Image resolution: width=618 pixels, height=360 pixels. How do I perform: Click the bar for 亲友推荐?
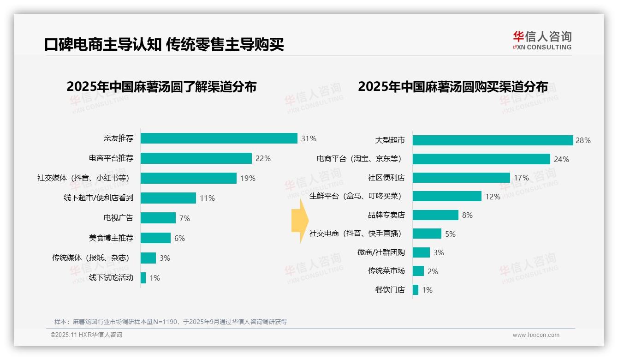pyautogui.click(x=219, y=138)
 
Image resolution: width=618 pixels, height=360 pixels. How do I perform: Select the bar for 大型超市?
pyautogui.click(x=493, y=140)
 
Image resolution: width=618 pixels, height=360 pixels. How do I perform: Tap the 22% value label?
pyautogui.click(x=263, y=158)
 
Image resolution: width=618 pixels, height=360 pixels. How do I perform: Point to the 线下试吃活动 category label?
pyautogui.click(x=111, y=277)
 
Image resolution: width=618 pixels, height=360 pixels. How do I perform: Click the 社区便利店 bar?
pyautogui.click(x=461, y=178)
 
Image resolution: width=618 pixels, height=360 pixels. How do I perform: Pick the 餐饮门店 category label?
pyautogui.click(x=390, y=290)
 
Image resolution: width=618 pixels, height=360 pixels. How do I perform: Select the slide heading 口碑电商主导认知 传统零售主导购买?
pyautogui.click(x=164, y=44)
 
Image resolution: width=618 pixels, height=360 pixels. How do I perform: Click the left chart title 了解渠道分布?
pyautogui.click(x=161, y=87)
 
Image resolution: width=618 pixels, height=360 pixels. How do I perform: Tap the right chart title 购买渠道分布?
pyautogui.click(x=453, y=87)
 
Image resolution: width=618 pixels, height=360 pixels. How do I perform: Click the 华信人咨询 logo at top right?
pyautogui.click(x=542, y=41)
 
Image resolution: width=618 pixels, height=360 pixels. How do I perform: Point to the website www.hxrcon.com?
pyautogui.click(x=536, y=335)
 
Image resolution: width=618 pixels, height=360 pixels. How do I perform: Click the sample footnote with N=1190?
pyautogui.click(x=171, y=322)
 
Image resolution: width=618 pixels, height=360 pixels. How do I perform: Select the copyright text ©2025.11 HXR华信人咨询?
pyautogui.click(x=86, y=335)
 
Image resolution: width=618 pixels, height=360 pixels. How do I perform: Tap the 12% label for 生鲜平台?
pyautogui.click(x=493, y=197)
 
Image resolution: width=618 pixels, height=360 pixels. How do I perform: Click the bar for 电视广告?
pyautogui.click(x=158, y=218)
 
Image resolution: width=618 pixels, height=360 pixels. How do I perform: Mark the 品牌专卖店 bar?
pyautogui.click(x=435, y=215)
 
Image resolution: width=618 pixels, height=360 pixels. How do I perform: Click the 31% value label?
pyautogui.click(x=309, y=138)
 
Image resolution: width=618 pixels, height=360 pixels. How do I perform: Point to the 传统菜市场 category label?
pyautogui.click(x=386, y=271)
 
